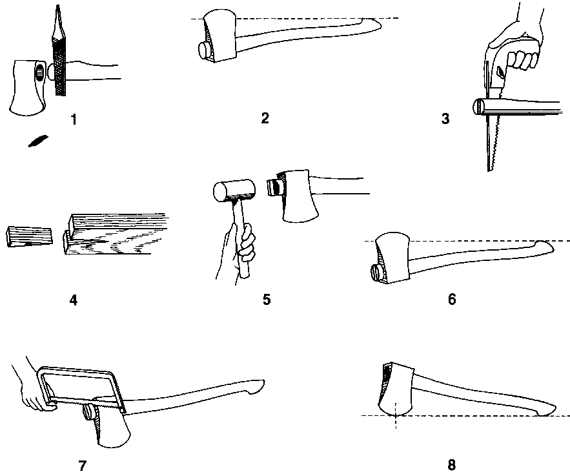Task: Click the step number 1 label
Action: coord(74,119)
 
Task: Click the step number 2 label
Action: coord(265,118)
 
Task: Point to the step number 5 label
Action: coord(266,300)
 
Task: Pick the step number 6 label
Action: coord(452,299)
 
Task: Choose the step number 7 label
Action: coord(82,464)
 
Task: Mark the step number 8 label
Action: coord(451,464)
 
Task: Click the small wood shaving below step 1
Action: coord(37,140)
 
